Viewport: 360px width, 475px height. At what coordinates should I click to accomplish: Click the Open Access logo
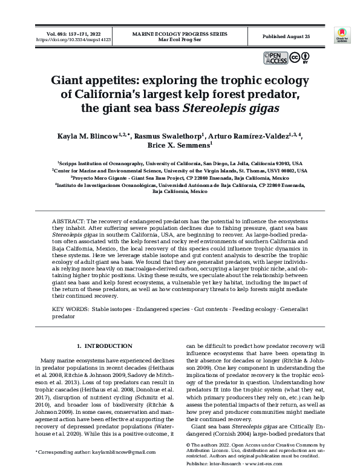pos(275,58)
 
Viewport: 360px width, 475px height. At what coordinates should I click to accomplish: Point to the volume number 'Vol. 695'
pos(50,33)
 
